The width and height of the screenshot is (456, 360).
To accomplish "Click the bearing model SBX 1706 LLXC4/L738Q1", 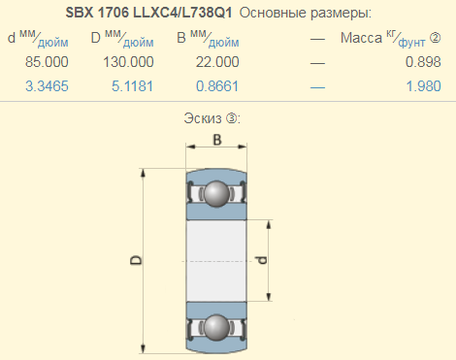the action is click(148, 13).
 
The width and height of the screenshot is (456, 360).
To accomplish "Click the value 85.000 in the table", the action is click(47, 62).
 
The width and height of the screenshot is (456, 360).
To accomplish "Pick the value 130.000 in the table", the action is click(128, 62).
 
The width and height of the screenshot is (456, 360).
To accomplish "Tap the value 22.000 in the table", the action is click(217, 62).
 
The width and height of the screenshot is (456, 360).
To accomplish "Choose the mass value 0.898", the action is click(423, 62).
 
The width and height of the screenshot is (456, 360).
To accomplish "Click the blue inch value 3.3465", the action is click(47, 86).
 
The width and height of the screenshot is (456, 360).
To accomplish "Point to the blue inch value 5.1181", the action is click(132, 86).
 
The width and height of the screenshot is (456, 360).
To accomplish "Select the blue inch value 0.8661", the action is click(217, 86).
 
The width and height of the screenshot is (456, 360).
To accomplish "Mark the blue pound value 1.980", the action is click(423, 86).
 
